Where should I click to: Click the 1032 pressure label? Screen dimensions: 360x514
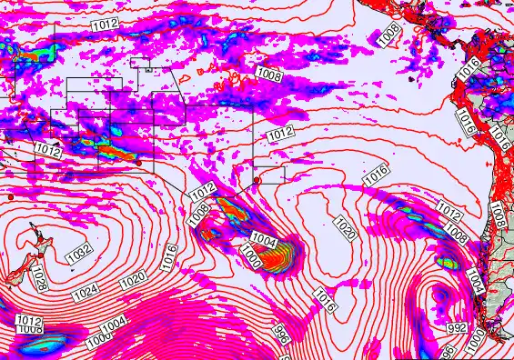point(79,250)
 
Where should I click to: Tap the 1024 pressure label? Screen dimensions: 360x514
point(86,293)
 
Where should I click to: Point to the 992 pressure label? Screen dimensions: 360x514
point(458,327)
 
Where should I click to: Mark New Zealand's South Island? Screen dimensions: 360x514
point(15,273)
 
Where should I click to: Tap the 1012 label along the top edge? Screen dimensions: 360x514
point(104,25)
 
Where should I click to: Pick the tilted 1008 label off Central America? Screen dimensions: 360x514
point(388,35)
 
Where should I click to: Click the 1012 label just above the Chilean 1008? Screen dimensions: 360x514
point(449,211)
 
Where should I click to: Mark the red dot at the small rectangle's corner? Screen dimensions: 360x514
point(257,180)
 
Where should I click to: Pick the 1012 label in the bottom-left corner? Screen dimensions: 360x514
point(29,321)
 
